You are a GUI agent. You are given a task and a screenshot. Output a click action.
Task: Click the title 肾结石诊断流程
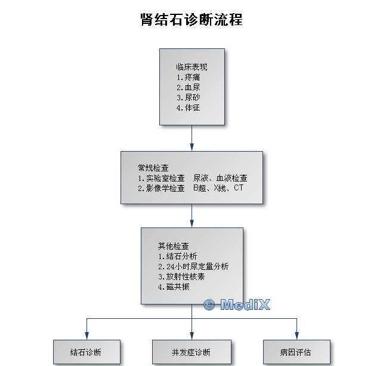pyautogui.click(x=191, y=19)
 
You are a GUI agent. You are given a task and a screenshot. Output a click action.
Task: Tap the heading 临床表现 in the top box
pyautogui.click(x=191, y=67)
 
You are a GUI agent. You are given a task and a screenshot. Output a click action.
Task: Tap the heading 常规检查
pyautogui.click(x=153, y=168)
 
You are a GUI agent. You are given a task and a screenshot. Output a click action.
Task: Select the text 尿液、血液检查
pyautogui.click(x=220, y=178)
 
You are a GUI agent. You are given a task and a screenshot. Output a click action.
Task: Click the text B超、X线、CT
pyautogui.click(x=218, y=188)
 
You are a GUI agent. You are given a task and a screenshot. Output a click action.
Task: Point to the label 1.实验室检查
pyautogui.click(x=161, y=178)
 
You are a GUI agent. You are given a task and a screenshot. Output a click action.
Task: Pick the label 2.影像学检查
pyautogui.click(x=161, y=188)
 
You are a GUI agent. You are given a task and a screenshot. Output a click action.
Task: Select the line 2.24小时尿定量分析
pyautogui.click(x=193, y=266)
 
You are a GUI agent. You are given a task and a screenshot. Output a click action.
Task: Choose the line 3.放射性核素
pyautogui.click(x=181, y=276)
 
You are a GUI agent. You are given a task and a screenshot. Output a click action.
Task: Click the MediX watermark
pyautogui.click(x=237, y=305)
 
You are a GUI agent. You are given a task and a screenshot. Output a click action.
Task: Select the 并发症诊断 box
pyautogui.click(x=191, y=352)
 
